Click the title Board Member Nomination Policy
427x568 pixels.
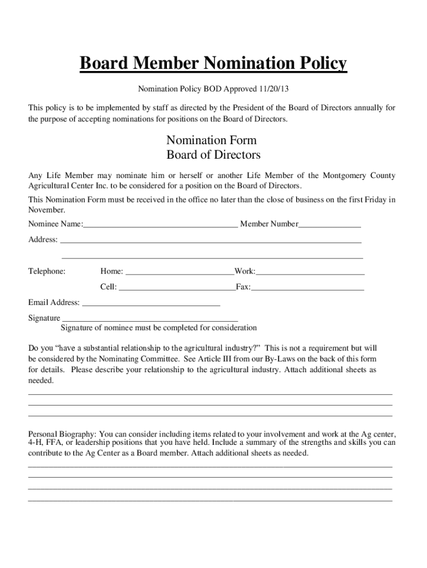coord(213,64)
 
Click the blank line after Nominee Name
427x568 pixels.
coord(160,225)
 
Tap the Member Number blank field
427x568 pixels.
coord(329,225)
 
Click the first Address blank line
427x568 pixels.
coord(211,241)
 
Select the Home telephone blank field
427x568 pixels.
coord(180,272)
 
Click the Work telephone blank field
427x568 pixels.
coord(310,272)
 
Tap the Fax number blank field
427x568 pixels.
coord(308,288)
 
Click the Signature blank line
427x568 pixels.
coord(149,319)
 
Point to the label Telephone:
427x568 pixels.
coord(47,271)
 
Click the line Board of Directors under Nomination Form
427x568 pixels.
coord(213,155)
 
